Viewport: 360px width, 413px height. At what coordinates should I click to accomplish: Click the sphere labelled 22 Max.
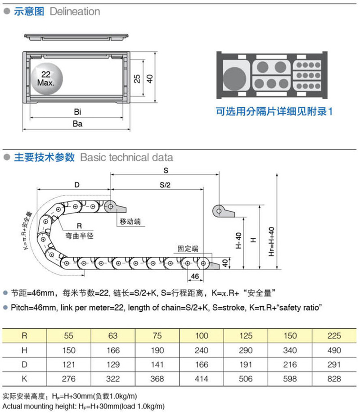coord(47,79)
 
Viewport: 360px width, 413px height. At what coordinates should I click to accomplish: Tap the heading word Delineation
coord(75,11)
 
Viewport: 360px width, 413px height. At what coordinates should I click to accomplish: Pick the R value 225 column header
coord(335,336)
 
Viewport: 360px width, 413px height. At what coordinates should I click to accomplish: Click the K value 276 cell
coord(69,379)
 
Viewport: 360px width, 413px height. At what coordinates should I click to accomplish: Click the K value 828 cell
coord(335,379)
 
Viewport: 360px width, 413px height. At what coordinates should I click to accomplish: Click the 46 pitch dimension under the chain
coord(195,276)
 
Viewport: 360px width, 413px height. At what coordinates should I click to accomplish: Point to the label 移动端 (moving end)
coord(130,222)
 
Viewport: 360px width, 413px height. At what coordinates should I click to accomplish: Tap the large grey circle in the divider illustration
coord(235,77)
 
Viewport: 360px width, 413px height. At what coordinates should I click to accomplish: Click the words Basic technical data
coord(126,158)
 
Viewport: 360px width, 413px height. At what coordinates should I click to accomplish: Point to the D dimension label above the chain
coord(76,185)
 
